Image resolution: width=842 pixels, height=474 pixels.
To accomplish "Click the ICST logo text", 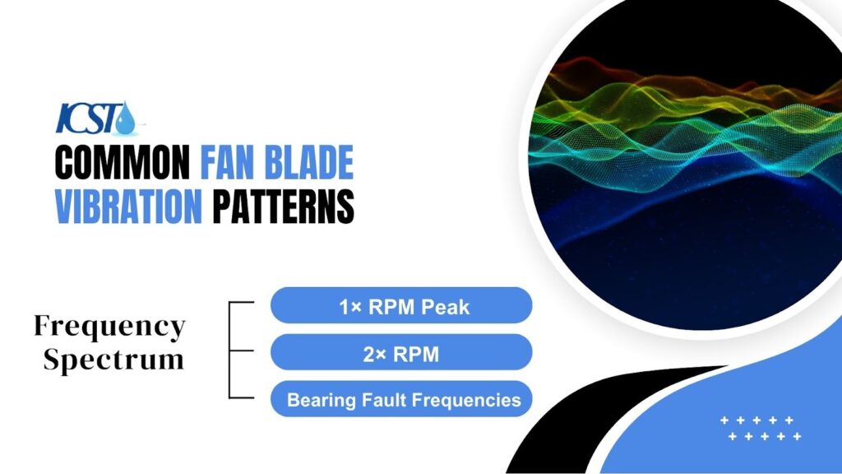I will pyautogui.click(x=86, y=118).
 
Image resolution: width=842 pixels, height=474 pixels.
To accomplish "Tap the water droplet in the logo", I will pyautogui.click(x=125, y=120).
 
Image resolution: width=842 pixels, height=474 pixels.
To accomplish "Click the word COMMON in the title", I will pyautogui.click(x=124, y=163).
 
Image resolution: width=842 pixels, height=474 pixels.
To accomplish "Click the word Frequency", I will pyautogui.click(x=109, y=327).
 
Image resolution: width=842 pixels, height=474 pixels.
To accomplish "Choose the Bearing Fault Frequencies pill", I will pyautogui.click(x=401, y=400).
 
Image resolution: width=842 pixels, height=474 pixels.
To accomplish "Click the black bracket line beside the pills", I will pyautogui.click(x=230, y=350).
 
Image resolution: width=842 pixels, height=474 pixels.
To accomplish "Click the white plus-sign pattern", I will pyautogui.click(x=761, y=428).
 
